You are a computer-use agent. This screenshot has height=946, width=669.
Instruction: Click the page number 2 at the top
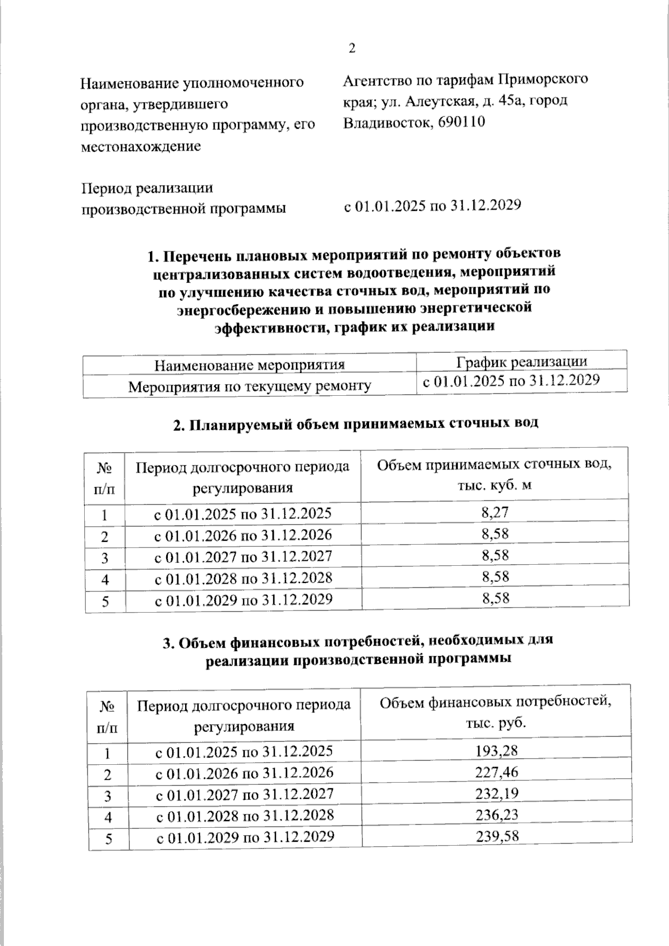(351, 48)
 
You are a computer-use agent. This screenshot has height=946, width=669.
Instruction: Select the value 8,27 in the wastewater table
(495, 512)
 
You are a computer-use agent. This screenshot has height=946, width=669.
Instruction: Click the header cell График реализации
(521, 361)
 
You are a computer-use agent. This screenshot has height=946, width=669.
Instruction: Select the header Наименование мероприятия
(249, 365)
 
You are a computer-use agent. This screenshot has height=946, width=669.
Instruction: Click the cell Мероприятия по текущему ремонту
(249, 386)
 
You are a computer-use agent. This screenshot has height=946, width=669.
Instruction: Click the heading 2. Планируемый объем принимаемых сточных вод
(355, 424)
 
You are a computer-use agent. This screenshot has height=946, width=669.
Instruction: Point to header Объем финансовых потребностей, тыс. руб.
(496, 712)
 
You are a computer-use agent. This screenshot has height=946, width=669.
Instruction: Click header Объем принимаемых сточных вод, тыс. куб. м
(495, 474)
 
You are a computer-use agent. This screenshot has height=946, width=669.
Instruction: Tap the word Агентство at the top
(377, 80)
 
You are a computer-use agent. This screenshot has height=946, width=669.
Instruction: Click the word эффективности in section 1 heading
(264, 327)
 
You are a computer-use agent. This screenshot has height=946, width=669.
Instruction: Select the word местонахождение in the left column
(140, 146)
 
